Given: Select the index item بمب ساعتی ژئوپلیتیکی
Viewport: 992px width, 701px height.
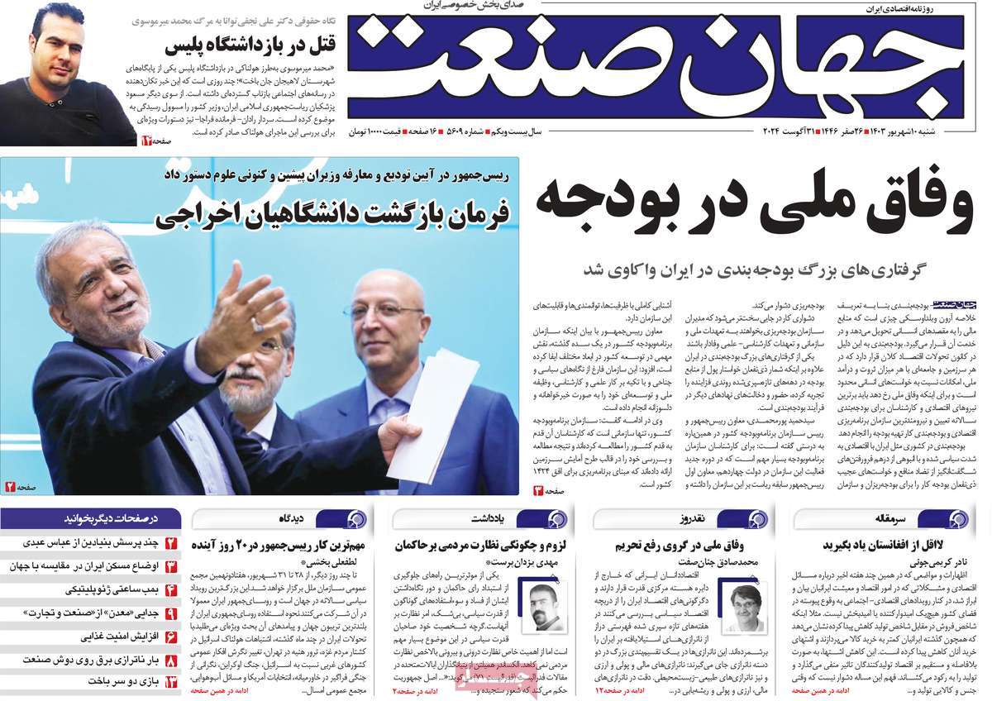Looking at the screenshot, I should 112,590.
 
